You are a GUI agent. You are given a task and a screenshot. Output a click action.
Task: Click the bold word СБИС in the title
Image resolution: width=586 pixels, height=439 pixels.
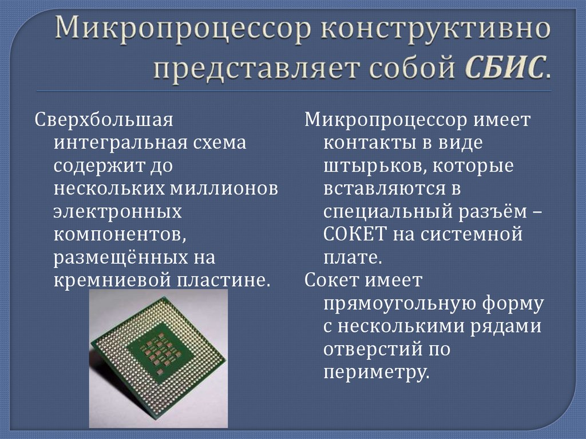503,69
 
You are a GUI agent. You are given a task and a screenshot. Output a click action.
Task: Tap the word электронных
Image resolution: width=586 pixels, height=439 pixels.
118,211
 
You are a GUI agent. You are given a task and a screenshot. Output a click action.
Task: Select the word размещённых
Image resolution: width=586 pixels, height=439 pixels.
118,258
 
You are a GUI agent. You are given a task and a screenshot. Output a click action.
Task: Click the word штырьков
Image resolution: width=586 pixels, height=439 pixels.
373,166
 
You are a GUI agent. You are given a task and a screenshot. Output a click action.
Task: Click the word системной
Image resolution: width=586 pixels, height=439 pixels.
482,234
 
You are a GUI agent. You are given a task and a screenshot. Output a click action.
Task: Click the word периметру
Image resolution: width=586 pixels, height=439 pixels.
377,372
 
